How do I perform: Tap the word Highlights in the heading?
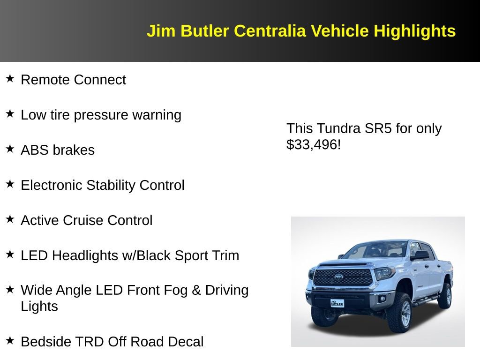pyautogui.click(x=414, y=31)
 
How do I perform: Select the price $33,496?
pyautogui.click(x=313, y=144)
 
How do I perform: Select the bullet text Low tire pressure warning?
pyautogui.click(x=101, y=115)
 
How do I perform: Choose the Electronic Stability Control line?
pyautogui.click(x=102, y=185)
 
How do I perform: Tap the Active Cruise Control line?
pyautogui.click(x=86, y=220)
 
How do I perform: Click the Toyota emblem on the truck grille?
pyautogui.click(x=338, y=277)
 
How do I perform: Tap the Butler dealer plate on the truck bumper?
pyautogui.click(x=337, y=303)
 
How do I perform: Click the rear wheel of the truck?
pyautogui.click(x=445, y=296)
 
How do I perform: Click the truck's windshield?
pyautogui.click(x=375, y=250)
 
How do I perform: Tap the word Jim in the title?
pyautogui.click(x=162, y=31)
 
